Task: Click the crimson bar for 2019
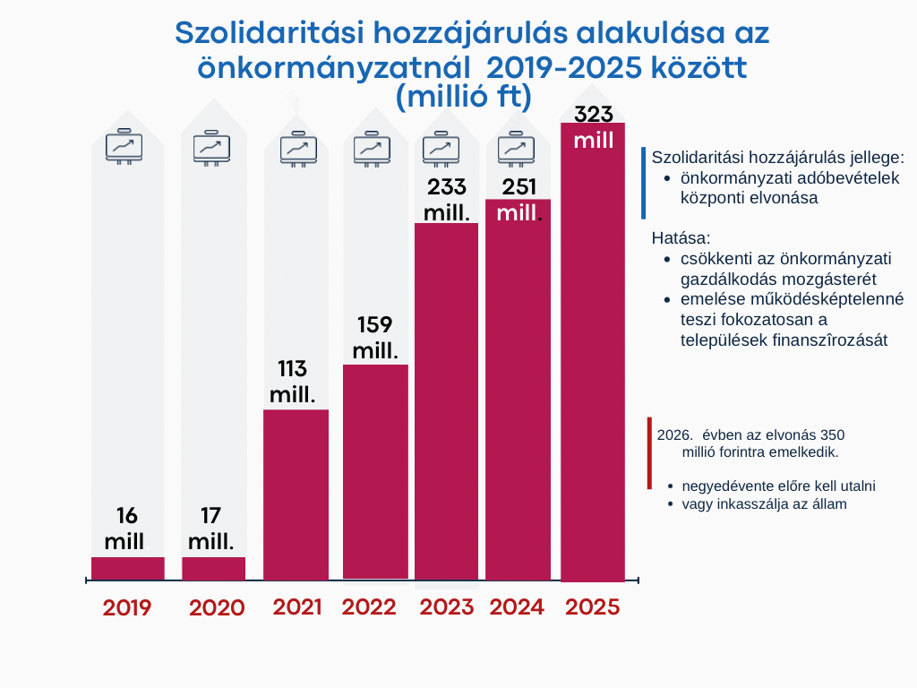point(128,568)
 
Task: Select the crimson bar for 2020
point(213,568)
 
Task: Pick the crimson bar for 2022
point(375,471)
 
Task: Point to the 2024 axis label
point(517,606)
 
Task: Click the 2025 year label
point(592,606)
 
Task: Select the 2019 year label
point(127,607)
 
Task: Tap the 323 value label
point(593,115)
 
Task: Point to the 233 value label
point(447,186)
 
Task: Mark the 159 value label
point(375,324)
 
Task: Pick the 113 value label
point(293,368)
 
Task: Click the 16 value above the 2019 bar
point(126,515)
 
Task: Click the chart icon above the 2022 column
point(371,148)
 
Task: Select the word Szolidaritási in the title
point(259,33)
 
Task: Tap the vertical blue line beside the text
point(643,183)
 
